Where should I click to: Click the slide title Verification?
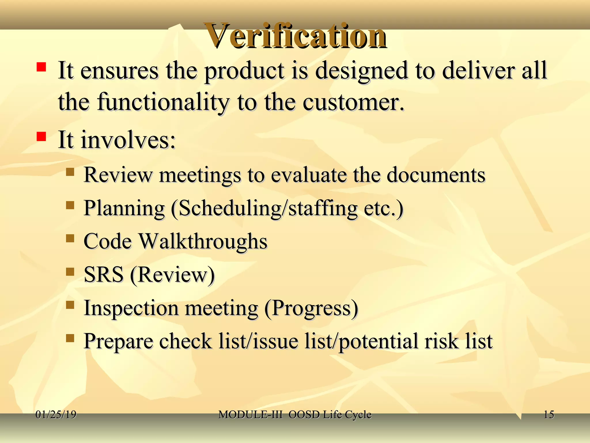[x=295, y=36]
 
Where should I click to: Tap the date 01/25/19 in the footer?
[x=56, y=414]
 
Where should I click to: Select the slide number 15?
[x=549, y=414]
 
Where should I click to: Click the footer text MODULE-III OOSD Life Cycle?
[x=295, y=414]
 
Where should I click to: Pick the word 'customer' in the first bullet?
[x=350, y=102]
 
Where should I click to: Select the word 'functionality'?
[x=163, y=102]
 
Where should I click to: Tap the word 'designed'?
[x=361, y=71]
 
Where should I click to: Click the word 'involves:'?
[x=128, y=140]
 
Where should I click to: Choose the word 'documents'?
[x=436, y=175]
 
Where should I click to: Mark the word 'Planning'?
[x=124, y=208]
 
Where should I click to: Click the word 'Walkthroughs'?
[x=203, y=241]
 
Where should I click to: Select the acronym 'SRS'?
[x=104, y=274]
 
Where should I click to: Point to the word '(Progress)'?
[x=311, y=308]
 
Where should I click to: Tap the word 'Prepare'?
[x=118, y=341]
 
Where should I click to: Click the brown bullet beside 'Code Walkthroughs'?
[x=70, y=238]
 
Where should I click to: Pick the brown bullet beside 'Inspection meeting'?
[x=70, y=305]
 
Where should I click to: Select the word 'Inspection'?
[x=131, y=308]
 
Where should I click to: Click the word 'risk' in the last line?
[x=441, y=341]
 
